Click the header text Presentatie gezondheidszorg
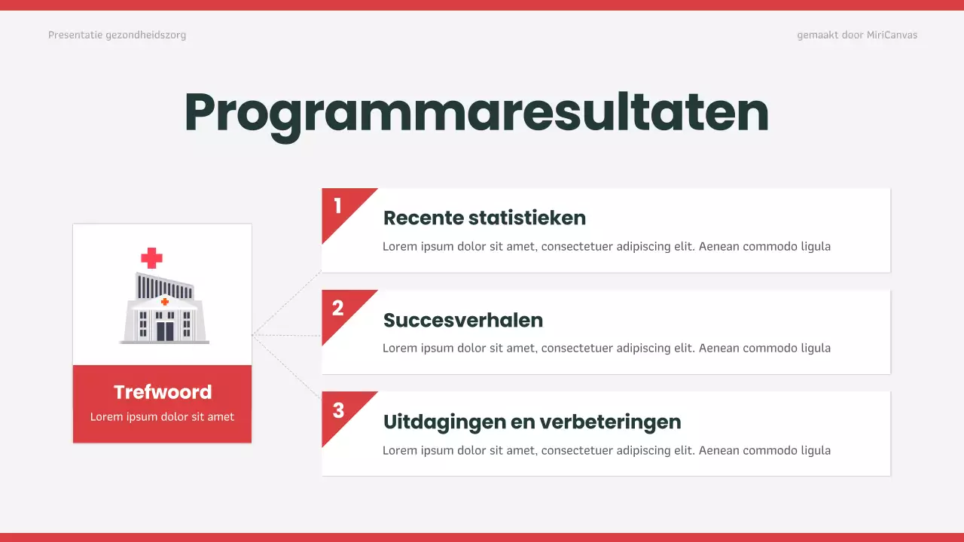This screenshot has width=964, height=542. click(117, 35)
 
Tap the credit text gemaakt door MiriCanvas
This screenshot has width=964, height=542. click(857, 35)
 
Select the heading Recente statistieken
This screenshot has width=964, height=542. click(484, 218)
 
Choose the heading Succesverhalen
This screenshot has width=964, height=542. click(462, 320)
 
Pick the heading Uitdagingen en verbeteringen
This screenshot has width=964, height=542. click(532, 422)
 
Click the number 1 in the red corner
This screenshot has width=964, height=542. click(337, 206)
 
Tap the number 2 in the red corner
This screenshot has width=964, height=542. click(337, 307)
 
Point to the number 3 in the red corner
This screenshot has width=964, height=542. click(338, 410)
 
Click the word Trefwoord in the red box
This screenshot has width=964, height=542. click(163, 392)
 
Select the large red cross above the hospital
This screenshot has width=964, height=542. click(151, 258)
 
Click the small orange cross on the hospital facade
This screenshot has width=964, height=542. click(164, 301)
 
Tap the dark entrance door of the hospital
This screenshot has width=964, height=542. click(164, 331)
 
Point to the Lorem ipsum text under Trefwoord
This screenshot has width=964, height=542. click(162, 417)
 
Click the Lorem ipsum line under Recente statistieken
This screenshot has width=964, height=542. click(606, 246)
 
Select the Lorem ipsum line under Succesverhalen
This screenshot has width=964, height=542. click(606, 348)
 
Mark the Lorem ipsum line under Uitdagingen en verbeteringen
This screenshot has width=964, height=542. click(606, 450)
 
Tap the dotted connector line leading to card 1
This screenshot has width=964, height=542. click(287, 303)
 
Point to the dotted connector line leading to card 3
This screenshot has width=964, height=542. click(287, 367)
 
